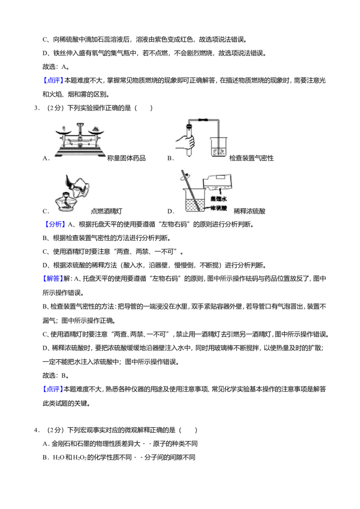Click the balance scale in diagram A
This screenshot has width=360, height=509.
[80, 140]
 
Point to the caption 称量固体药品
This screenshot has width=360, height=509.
[126, 158]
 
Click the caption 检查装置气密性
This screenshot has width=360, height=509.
[252, 158]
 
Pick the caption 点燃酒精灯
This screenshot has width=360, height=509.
[107, 211]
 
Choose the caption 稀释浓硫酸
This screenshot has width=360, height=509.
[250, 211]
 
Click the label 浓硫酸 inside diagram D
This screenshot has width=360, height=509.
[219, 208]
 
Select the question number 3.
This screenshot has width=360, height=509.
[37, 108]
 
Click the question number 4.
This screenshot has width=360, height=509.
[37, 430]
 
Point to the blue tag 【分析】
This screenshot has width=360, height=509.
[54, 224]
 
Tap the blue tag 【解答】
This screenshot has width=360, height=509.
[52, 278]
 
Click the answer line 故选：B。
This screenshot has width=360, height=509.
[55, 375]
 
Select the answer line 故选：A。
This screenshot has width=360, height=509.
[55, 67]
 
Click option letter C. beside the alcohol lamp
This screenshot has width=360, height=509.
[45, 211]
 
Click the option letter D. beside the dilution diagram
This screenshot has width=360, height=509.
[171, 211]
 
